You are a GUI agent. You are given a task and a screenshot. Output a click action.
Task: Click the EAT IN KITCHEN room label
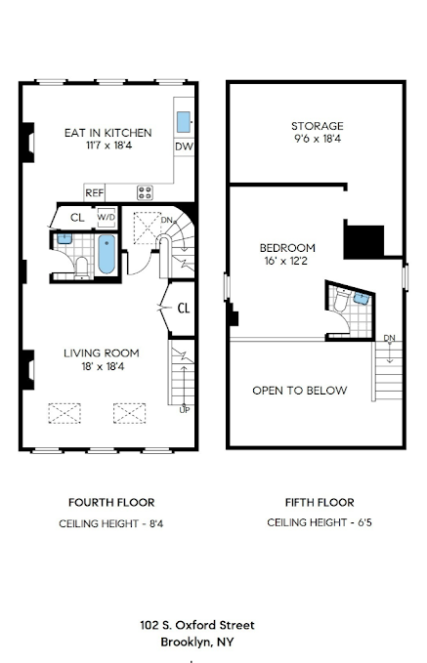[x=107, y=132]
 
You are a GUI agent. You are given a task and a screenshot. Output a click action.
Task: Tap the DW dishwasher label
[x=183, y=146]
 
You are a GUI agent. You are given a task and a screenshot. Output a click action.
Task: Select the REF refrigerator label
[x=95, y=192]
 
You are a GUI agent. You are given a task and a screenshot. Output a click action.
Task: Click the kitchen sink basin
[x=183, y=122]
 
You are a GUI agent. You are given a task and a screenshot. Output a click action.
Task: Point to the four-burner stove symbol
[x=145, y=192]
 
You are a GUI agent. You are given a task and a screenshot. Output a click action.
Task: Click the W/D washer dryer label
[x=106, y=218]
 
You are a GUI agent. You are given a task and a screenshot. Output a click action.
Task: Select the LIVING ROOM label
[x=102, y=352]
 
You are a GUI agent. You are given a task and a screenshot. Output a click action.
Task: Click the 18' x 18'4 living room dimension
[x=102, y=367]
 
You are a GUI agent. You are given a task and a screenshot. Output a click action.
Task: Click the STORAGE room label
[x=317, y=126]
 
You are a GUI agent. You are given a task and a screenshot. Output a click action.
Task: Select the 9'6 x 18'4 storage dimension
[x=317, y=141]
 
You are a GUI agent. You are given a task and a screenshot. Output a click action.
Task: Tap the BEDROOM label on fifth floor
[x=285, y=247]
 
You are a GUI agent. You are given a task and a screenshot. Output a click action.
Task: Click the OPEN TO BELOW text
[x=299, y=391]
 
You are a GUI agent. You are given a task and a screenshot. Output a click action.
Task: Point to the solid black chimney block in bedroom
[x=363, y=239]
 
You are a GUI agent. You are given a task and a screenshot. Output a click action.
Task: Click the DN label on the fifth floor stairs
[x=389, y=338]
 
